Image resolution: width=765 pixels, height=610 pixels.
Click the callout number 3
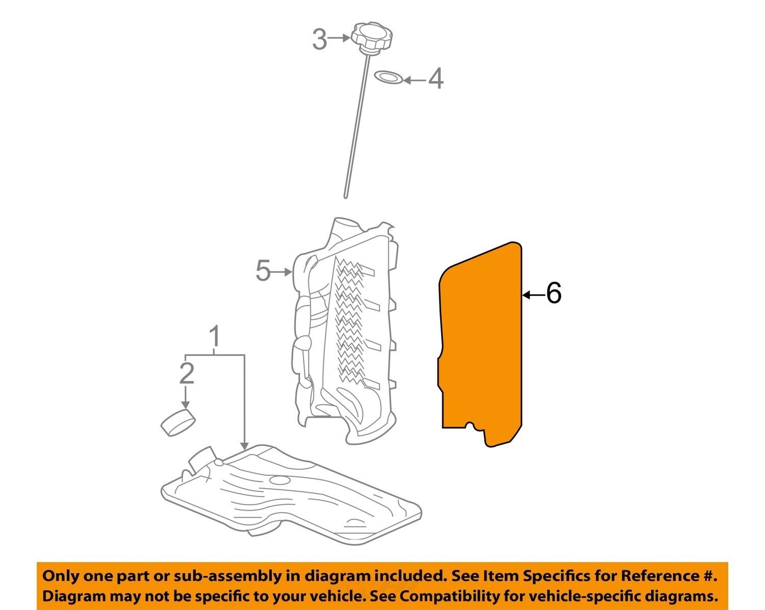click(x=319, y=39)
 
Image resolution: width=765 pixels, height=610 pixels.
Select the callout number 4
click(x=436, y=79)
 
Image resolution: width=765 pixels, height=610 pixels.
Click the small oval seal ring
click(x=389, y=77)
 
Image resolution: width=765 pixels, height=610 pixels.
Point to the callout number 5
click(x=263, y=271)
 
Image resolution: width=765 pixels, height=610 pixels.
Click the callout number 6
click(x=553, y=294)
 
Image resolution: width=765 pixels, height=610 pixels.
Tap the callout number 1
click(x=215, y=336)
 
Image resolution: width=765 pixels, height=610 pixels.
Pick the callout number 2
click(x=187, y=374)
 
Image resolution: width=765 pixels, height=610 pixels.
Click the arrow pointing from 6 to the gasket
click(x=533, y=295)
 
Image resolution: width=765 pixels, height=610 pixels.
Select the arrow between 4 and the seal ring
click(x=414, y=80)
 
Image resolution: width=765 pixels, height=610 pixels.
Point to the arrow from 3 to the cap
click(x=339, y=38)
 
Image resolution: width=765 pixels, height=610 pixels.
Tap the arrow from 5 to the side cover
click(x=283, y=272)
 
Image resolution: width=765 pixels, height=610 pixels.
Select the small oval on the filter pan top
click(x=279, y=480)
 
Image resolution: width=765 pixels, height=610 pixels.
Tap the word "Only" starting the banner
click(x=61, y=576)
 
